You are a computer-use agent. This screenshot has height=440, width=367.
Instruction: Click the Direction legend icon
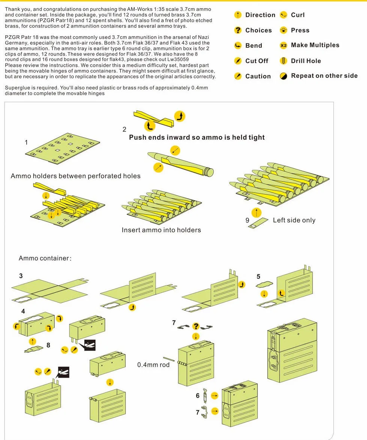point(238,15)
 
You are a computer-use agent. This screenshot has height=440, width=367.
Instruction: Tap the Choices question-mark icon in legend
point(238,30)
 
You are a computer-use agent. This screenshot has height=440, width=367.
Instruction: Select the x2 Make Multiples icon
point(283,45)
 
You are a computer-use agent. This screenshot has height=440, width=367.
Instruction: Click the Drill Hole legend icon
point(283,61)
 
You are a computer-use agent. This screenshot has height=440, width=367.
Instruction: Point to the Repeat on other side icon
point(283,76)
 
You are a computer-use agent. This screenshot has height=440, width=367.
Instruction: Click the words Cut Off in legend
point(257,61)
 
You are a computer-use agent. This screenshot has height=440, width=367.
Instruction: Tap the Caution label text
point(258,76)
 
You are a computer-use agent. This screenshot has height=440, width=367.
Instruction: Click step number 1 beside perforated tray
point(26,142)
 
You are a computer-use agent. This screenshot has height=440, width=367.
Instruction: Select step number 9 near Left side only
point(247,220)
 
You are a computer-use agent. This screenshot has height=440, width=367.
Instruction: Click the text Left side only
point(294,220)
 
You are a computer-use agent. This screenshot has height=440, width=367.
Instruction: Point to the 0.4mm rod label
point(153,364)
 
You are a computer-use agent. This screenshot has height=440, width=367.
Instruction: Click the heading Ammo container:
point(45,258)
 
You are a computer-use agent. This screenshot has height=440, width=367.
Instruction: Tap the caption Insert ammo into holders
point(161,230)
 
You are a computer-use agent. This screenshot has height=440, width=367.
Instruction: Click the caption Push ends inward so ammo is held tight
point(197,138)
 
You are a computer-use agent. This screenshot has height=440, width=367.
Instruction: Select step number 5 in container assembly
point(258,276)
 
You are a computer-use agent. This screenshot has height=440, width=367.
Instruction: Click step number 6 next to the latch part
point(197,395)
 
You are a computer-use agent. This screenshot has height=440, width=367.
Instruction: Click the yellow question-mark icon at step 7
point(196,326)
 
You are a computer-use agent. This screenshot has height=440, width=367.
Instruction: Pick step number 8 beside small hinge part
point(48,345)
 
